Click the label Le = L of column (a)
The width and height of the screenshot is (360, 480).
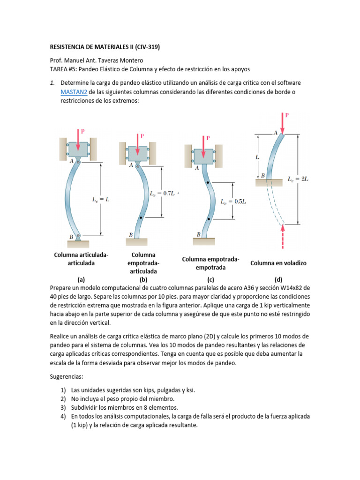pos(100,199)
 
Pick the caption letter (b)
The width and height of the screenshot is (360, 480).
pos(143,280)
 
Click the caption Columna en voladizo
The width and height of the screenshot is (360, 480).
pos(278,263)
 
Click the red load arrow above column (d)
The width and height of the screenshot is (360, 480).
pos(283,123)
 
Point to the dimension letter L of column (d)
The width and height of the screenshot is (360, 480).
pos(257,157)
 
